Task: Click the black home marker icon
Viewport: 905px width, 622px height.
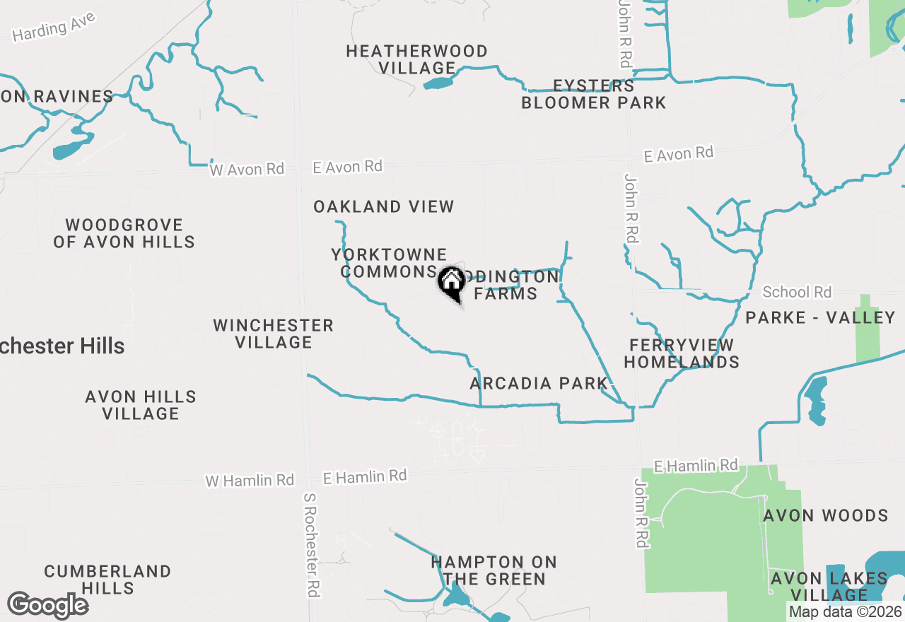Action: pos(451,282)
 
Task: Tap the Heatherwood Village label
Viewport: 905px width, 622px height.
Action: pos(417,59)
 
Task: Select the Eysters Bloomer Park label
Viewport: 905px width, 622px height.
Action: pos(594,95)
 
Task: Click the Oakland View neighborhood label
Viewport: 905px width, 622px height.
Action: pos(384,206)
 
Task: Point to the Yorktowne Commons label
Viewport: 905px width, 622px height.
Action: pos(389,263)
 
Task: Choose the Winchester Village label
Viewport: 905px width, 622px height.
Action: pos(274,334)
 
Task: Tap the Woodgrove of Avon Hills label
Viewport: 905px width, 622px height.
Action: pos(124,233)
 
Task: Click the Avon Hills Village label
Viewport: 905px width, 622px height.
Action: pos(141,405)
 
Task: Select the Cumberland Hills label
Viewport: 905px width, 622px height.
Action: pos(107,580)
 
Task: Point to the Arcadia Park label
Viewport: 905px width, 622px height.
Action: pos(539,383)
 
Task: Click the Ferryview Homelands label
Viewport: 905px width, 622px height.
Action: pos(682,353)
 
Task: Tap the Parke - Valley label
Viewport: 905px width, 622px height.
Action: pos(820,317)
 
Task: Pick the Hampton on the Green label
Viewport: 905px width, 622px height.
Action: pos(494,571)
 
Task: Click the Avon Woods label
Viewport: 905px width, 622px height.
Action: pos(826,515)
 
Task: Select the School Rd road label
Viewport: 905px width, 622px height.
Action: pos(798,291)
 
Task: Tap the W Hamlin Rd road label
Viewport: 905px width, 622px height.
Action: pos(250,481)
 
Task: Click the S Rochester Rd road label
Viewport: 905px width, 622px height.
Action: pos(311,545)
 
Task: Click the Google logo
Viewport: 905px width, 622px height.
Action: pos(48,605)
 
